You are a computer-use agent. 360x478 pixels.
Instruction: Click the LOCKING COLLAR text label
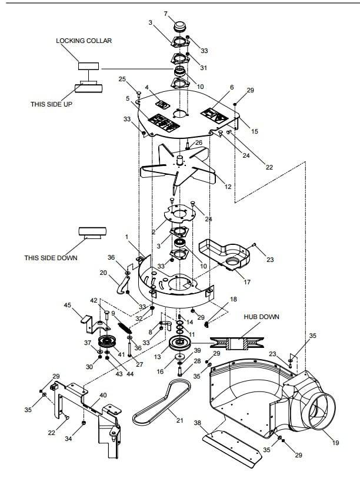tap(84, 41)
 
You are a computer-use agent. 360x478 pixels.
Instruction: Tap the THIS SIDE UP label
tap(51, 104)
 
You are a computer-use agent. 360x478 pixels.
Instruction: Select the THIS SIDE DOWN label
tap(51, 258)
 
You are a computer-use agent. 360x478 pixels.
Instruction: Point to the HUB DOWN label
tap(261, 317)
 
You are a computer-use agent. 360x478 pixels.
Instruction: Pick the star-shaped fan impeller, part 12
tap(178, 168)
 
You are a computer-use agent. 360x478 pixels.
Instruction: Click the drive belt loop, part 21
tap(161, 403)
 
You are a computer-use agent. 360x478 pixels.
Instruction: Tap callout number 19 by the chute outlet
tap(335, 442)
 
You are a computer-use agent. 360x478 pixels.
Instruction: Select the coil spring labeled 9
tap(125, 328)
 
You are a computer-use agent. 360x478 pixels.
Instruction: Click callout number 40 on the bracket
tap(104, 395)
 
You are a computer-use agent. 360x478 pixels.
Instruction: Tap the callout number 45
tap(67, 305)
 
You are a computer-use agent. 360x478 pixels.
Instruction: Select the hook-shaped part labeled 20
tap(123, 284)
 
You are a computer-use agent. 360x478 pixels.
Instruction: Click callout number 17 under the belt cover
tap(247, 282)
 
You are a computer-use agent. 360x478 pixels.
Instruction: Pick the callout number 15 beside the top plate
tap(255, 131)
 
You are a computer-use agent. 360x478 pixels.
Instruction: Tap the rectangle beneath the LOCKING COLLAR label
tap(89, 66)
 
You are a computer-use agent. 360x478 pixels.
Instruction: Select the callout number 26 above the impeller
tap(199, 142)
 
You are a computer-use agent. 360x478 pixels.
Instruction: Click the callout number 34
tap(68, 439)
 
